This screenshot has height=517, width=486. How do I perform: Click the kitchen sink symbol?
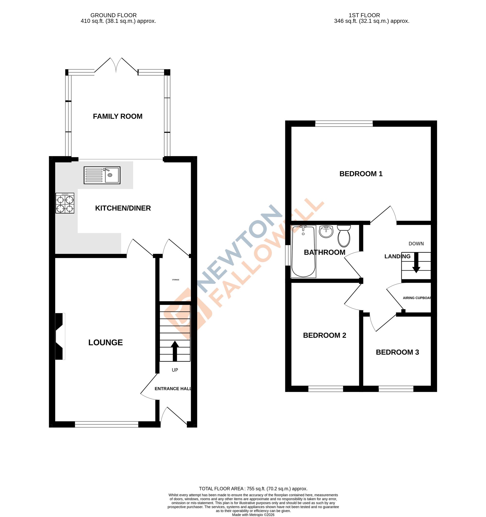click(x=102, y=175)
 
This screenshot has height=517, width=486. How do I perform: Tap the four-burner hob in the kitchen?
click(x=65, y=203)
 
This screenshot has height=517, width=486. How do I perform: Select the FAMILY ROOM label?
click(x=118, y=116)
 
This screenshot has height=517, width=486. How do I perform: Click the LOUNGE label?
click(x=105, y=342)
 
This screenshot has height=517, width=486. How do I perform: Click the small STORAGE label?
click(x=175, y=280)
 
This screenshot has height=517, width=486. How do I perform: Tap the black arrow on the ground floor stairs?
click(x=175, y=351)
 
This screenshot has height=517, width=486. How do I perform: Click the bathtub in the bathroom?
click(x=304, y=252)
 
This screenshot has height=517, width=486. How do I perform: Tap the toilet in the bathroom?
click(x=344, y=236)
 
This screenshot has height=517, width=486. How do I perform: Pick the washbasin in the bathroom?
click(x=326, y=231)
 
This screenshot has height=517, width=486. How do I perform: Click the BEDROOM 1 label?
click(x=361, y=174)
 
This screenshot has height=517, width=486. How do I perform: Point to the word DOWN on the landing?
click(x=416, y=244)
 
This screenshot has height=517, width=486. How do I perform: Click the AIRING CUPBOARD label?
click(x=417, y=298)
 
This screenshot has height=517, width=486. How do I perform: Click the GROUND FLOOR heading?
click(x=113, y=15)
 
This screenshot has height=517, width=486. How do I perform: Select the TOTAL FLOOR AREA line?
click(x=253, y=489)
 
